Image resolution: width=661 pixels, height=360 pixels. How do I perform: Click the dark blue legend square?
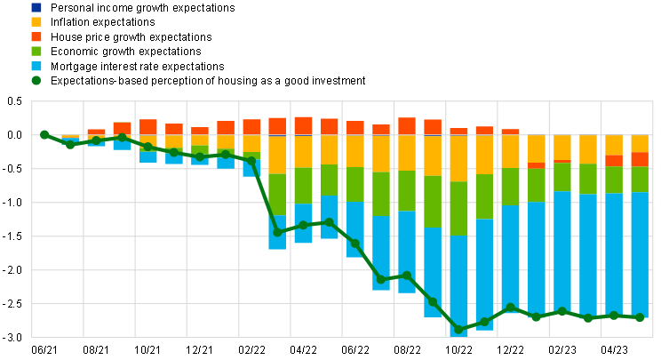pyautogui.click(x=36, y=7)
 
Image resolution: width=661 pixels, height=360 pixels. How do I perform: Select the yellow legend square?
pyautogui.click(x=36, y=21)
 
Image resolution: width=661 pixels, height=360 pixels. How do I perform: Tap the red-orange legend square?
pyautogui.click(x=36, y=36)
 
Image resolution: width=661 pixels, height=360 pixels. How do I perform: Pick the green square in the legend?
pyautogui.click(x=36, y=51)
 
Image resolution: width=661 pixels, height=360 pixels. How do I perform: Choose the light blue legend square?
pyautogui.click(x=36, y=66)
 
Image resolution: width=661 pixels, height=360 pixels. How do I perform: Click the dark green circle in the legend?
pyautogui.click(x=36, y=80)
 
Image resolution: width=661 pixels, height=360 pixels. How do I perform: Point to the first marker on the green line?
pyautogui.click(x=44, y=134)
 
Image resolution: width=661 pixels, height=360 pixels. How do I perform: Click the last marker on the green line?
pyautogui.click(x=640, y=317)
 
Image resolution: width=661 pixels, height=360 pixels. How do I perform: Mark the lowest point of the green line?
pyautogui.click(x=458, y=330)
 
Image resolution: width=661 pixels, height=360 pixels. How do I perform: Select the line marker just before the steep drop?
pyautogui.click(x=251, y=161)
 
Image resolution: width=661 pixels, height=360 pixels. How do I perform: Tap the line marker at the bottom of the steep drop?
pyautogui.click(x=277, y=232)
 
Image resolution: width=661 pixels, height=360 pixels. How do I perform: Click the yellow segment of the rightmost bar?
pyautogui.click(x=640, y=143)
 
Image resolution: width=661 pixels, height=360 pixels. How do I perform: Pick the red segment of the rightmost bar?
pyautogui.click(x=640, y=159)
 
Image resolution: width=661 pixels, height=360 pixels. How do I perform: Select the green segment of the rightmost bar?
pyautogui.click(x=640, y=179)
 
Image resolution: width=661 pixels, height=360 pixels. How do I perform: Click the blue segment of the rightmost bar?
pyautogui.click(x=640, y=254)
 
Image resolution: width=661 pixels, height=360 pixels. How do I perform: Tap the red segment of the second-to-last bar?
pyautogui.click(x=614, y=161)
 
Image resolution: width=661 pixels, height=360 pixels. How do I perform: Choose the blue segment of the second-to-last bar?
pyautogui.click(x=614, y=254)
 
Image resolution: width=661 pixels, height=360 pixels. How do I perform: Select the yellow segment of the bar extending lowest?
pyautogui.click(x=458, y=158)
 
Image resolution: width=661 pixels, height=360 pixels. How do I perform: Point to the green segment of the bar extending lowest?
pyautogui.click(x=458, y=208)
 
